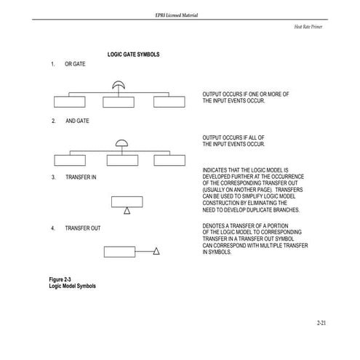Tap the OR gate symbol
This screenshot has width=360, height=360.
[118, 87]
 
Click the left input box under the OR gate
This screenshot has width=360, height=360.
[71, 101]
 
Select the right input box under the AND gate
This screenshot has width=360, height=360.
[169, 160]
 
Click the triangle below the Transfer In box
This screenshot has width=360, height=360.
[127, 211]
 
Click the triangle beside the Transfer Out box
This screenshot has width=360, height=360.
[156, 252]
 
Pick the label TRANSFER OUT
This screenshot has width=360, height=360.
[82, 228]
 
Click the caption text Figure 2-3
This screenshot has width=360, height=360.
[61, 280]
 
